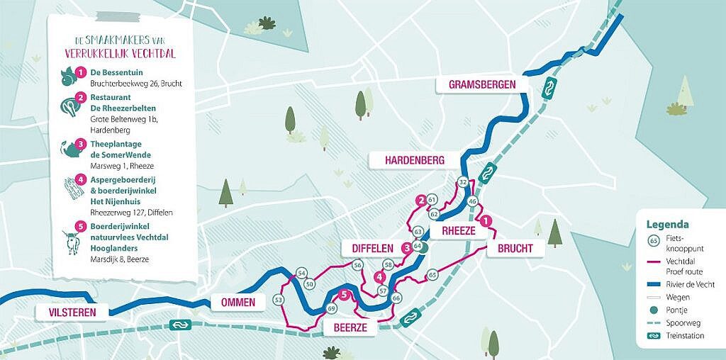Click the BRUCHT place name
click(515, 247)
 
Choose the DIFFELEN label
click(372, 247)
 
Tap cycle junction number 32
click(463, 182)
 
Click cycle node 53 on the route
click(278, 300)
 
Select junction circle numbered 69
click(332, 308)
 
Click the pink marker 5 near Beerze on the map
click(344, 296)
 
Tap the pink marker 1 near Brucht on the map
click(486, 222)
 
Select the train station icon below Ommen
click(179, 325)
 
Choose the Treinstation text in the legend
click(684, 336)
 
